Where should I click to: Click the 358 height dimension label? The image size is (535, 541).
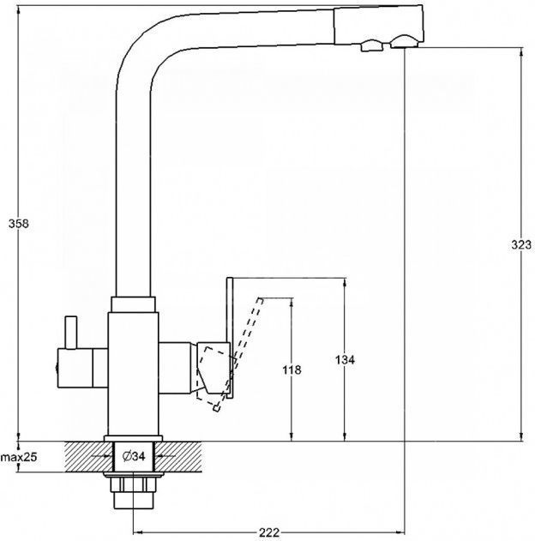coord(19,224)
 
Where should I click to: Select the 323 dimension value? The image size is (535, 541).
coord(521,244)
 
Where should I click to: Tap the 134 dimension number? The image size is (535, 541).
coord(345,360)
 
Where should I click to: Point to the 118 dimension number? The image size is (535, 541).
coord(292,370)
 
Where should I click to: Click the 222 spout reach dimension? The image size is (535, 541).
coord(268,532)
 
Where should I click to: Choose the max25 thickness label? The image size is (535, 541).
coord(19,458)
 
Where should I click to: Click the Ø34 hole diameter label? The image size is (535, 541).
coord(134,456)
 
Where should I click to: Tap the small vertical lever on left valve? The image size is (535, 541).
coord(71,333)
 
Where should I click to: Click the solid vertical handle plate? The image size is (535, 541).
coord(230,338)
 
